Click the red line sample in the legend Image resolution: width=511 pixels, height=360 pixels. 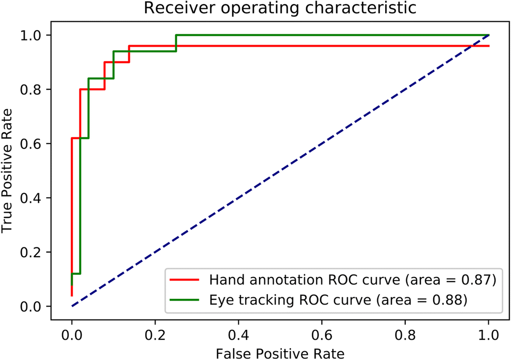click(x=185, y=281)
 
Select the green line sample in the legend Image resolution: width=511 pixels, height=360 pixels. click(x=185, y=299)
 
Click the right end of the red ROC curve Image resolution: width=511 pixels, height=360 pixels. click(x=489, y=46)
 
